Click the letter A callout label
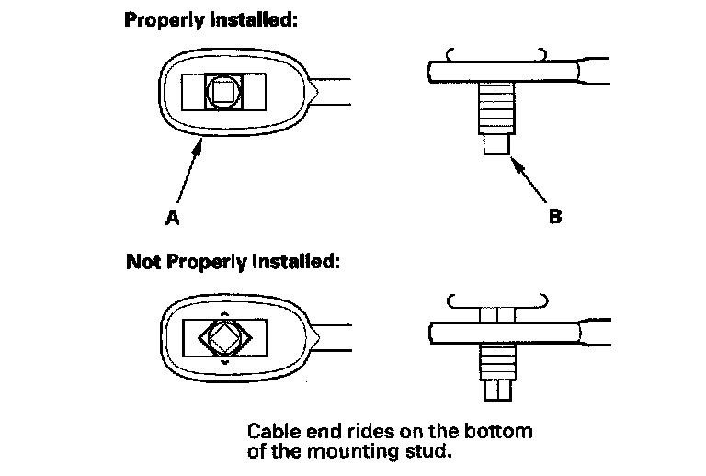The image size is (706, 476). [x=170, y=219]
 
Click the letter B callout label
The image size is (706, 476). [x=555, y=219]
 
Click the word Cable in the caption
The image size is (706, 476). [x=271, y=431]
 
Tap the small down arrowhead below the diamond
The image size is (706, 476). [x=222, y=366]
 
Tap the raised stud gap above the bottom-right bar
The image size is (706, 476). [x=497, y=313]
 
